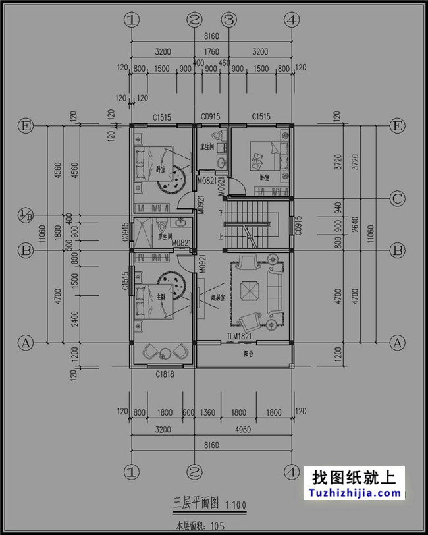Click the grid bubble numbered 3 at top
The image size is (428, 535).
pos(228,20)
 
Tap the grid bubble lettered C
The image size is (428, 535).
pos(397,198)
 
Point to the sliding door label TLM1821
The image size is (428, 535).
pos(239,336)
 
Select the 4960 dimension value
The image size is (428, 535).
pos(242,429)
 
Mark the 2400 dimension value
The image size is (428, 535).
pos(74,315)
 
